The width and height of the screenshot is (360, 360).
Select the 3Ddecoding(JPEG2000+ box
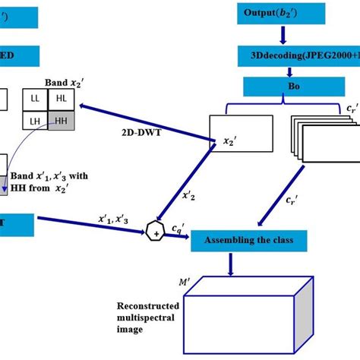tap(298, 55)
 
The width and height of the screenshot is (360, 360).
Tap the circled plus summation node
tap(156, 233)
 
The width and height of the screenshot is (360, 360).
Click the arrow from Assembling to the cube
tap(231, 266)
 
